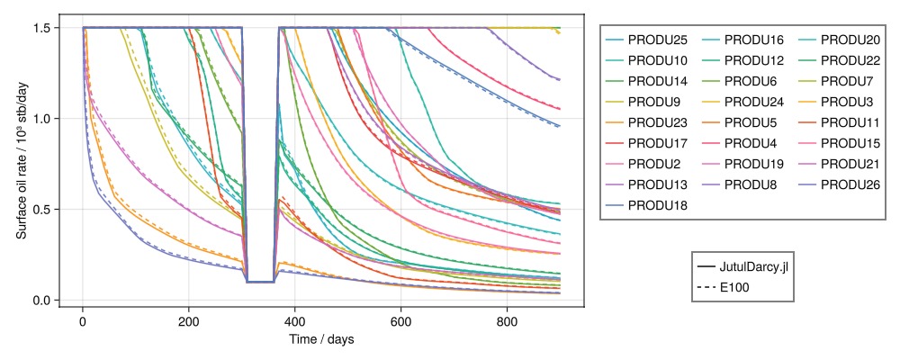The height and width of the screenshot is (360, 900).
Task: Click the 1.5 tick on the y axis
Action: (x=41, y=28)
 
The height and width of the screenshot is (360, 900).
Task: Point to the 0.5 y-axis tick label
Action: (x=41, y=210)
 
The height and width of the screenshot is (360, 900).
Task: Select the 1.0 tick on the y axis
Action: (x=41, y=119)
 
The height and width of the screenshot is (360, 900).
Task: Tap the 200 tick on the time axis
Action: (x=189, y=321)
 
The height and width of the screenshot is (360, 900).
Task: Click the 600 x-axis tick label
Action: (x=400, y=321)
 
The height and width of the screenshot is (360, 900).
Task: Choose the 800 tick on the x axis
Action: (x=507, y=321)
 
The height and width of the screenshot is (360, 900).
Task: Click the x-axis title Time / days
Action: (x=321, y=340)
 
